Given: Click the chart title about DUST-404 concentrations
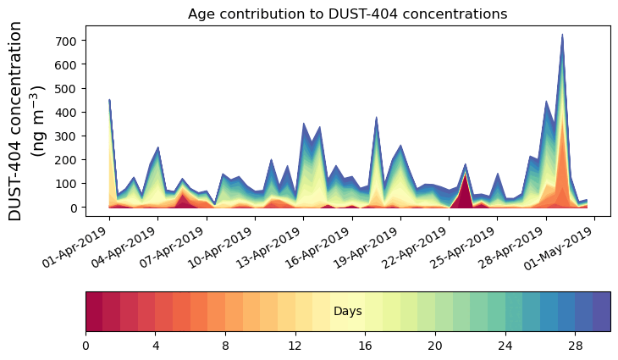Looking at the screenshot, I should click(347, 14).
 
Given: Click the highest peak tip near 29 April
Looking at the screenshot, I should click(562, 36).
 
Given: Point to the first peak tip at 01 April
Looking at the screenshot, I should click(109, 100).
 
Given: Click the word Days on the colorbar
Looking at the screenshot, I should click(347, 312).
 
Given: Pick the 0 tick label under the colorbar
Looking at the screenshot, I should click(86, 346).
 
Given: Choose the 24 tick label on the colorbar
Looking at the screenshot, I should click(505, 346).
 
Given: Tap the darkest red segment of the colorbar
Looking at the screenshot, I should click(94, 312).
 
